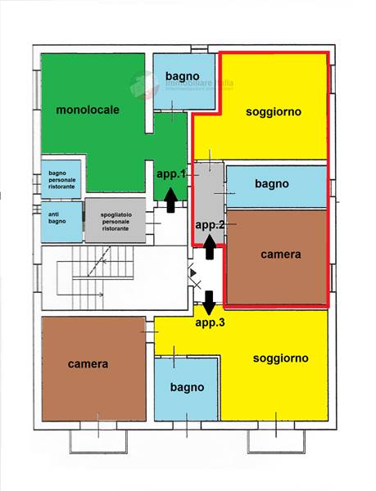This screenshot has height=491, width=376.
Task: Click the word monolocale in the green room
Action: tap(88, 110)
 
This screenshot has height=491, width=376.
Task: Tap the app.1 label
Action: tap(172, 174)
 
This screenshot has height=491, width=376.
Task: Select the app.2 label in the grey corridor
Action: tap(210, 223)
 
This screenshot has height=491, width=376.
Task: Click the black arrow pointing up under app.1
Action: tap(170, 199)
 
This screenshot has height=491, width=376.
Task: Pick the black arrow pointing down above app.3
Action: tap(208, 302)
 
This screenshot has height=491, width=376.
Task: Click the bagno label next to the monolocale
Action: tap(182, 77)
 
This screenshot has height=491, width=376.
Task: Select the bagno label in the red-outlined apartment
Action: tap(271, 184)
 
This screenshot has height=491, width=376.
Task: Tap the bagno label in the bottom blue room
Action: tap(187, 387)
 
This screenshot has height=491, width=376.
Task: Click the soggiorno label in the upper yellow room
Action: tap(274, 111)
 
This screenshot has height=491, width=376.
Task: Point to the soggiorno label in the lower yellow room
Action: tap(280, 358)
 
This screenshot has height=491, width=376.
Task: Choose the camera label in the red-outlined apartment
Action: tap(280, 255)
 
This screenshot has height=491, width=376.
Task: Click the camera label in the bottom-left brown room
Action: tap(88, 364)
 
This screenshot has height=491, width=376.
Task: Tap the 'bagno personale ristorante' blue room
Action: tap(61, 178)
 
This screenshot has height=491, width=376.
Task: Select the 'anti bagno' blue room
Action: tap(61, 221)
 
